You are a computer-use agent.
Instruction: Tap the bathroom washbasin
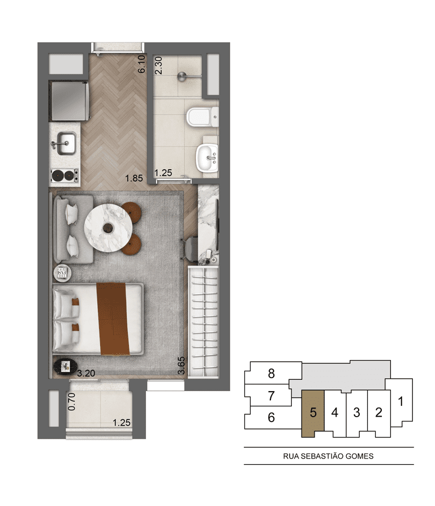click(x=207, y=158)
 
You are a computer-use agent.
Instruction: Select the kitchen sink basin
click(x=64, y=143)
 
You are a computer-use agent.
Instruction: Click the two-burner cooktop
click(x=64, y=175)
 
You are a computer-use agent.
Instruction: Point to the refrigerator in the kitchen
click(x=68, y=101)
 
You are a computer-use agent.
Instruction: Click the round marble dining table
click(x=108, y=228)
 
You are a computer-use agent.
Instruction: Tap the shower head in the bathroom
click(x=182, y=77)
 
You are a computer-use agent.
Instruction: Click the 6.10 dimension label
click(x=141, y=64)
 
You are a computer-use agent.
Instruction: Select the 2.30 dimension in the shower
click(x=158, y=66)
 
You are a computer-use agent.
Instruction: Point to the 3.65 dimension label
click(x=182, y=365)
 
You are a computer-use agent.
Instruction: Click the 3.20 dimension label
click(x=86, y=374)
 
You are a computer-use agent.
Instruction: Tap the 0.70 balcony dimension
click(x=72, y=401)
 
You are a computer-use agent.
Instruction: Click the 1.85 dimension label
click(x=134, y=178)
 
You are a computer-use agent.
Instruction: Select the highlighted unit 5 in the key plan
click(x=312, y=413)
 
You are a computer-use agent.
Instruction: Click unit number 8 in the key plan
click(x=271, y=374)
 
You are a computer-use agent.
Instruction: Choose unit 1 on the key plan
click(x=400, y=401)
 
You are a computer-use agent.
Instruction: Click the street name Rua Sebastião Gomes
click(x=328, y=456)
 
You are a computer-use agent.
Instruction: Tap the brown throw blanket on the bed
click(x=113, y=319)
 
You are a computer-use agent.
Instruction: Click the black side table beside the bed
click(x=66, y=366)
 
